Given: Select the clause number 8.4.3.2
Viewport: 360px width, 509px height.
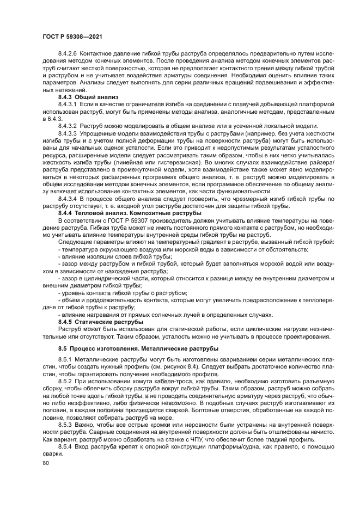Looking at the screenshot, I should coord(66,125).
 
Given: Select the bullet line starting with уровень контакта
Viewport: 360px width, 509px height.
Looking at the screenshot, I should coord(123,293).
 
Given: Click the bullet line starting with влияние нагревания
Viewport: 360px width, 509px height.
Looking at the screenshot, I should coord(165,314).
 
